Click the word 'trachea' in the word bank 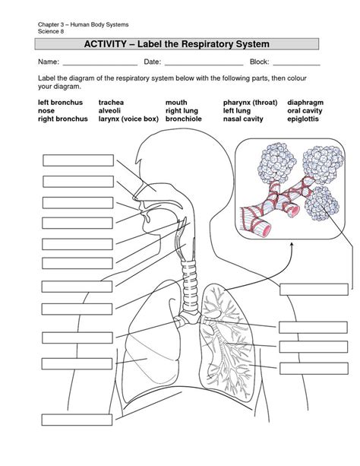[111, 103]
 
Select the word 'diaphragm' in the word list [305, 103]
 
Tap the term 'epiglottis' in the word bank [303, 119]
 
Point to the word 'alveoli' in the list [109, 110]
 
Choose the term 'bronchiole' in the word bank [184, 119]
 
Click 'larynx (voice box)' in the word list [128, 119]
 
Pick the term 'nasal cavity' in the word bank [243, 119]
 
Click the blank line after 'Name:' [100, 65]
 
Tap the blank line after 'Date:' [204, 65]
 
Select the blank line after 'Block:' [297, 65]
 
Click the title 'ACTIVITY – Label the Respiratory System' [177, 44]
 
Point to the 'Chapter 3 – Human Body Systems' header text [84, 24]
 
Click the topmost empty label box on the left [78, 160]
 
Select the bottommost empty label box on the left [77, 420]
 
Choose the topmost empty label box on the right [314, 290]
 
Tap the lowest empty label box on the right [314, 369]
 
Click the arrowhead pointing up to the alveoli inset [292, 244]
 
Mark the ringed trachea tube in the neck [190, 285]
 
